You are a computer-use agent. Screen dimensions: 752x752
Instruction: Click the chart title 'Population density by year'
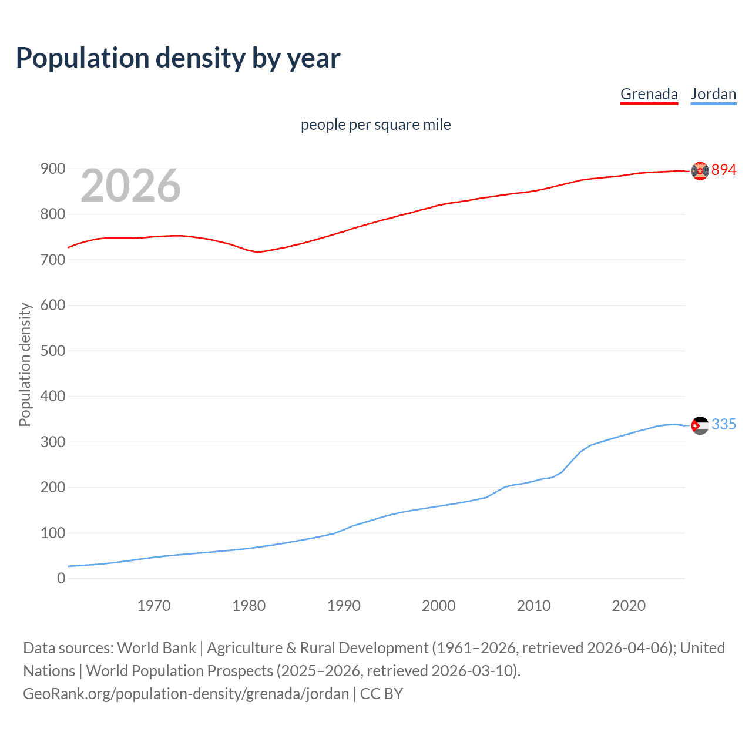[178, 58]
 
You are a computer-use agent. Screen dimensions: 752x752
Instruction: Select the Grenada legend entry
[649, 94]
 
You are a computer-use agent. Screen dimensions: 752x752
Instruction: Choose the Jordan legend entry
[713, 94]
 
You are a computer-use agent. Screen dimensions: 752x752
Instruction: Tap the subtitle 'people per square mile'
[375, 125]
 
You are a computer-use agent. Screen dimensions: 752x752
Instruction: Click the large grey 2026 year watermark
[130, 186]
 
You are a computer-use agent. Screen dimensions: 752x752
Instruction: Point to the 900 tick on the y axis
[52, 169]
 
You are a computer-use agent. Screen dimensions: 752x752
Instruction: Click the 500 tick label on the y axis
[52, 351]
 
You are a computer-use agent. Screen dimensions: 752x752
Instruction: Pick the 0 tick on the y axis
[61, 578]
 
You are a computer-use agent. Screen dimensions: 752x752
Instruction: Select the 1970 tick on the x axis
[154, 606]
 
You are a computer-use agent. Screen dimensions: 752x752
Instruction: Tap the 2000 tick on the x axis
[439, 606]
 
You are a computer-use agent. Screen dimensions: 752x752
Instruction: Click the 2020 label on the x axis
[629, 606]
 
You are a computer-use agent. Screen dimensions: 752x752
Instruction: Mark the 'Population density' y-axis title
[25, 364]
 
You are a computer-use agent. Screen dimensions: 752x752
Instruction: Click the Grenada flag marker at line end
[700, 170]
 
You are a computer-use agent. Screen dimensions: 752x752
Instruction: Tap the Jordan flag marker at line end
[700, 425]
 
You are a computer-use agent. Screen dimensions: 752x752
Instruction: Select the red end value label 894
[724, 170]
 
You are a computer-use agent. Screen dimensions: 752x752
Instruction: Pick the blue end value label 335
[724, 425]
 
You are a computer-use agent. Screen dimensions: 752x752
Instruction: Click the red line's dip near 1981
[258, 252]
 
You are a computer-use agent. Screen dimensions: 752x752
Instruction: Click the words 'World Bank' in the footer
[156, 648]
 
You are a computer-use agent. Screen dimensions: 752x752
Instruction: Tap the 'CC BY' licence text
[381, 694]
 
